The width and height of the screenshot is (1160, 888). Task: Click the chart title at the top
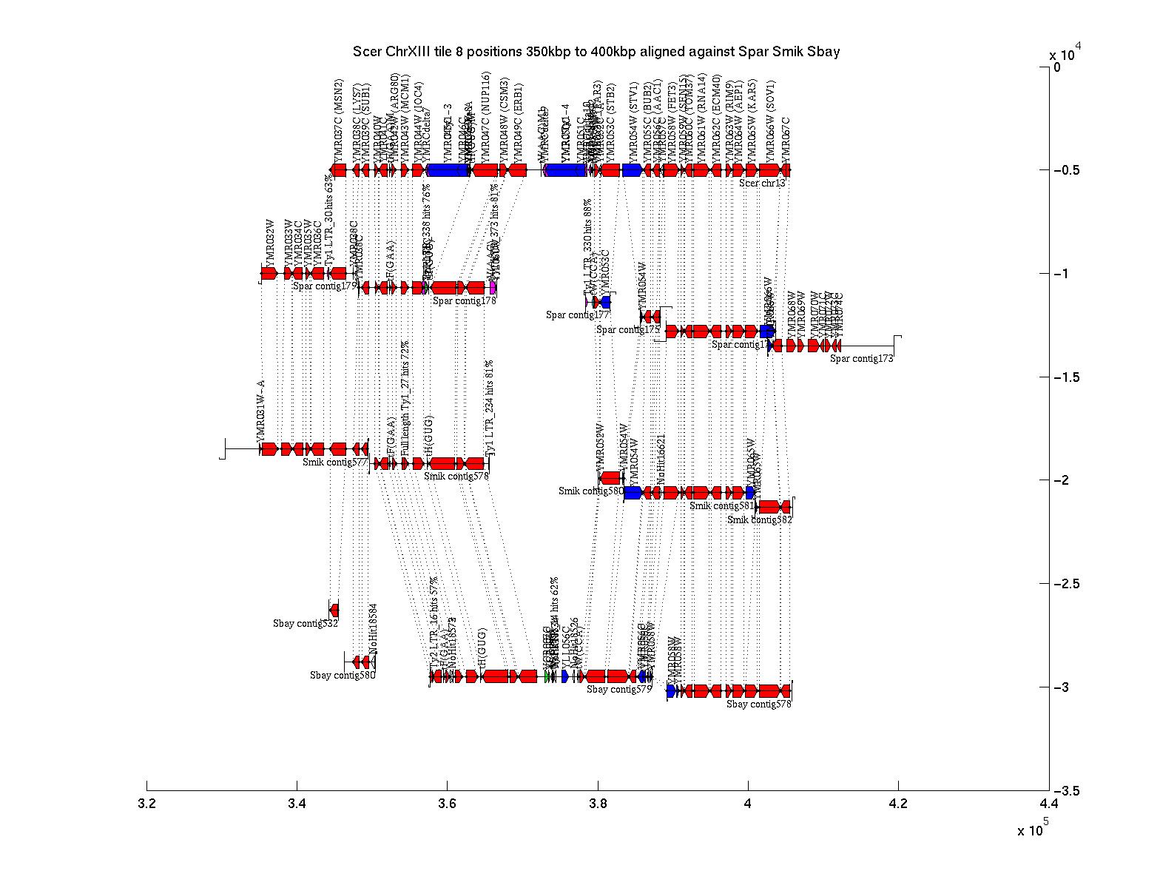point(596,52)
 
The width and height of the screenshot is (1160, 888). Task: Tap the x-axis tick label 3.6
point(447,804)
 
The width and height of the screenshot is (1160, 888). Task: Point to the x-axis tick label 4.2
point(897,804)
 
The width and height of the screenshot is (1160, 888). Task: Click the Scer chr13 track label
point(762,183)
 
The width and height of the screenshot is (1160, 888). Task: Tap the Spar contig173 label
point(861,359)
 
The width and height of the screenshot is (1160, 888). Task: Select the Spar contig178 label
point(464,300)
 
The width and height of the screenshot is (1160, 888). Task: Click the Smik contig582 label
point(759,520)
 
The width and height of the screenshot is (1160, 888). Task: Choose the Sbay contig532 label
point(305,624)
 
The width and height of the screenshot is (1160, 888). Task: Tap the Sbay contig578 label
point(758,704)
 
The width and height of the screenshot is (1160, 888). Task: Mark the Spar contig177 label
point(577,315)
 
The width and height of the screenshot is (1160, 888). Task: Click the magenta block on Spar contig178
point(493,287)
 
